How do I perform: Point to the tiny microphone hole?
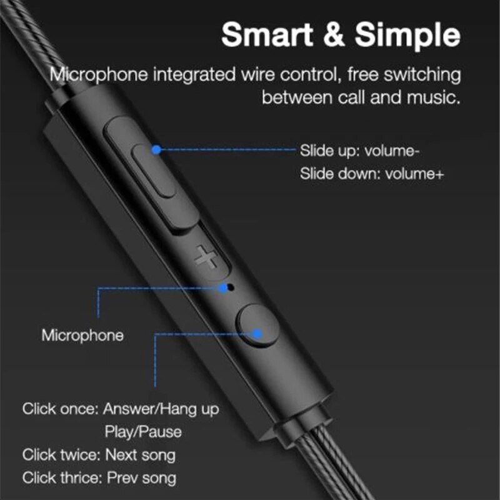pos(232,288)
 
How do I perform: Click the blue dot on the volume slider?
pos(157,149)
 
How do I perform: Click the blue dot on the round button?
pos(256,334)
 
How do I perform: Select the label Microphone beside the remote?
pos(82,335)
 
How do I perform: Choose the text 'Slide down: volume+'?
pos(372,174)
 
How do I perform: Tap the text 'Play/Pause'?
pos(143,432)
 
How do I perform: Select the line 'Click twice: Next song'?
pos(99,454)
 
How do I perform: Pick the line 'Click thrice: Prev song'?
pos(99,478)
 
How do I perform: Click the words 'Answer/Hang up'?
pos(161,409)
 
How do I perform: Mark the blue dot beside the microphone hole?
pos(223,288)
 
